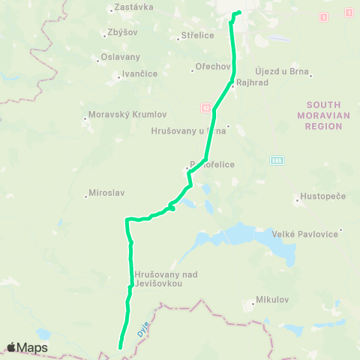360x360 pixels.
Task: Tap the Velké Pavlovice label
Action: point(307,233)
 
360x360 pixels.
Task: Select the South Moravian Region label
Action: point(324,115)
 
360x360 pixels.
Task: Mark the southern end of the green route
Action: point(120,346)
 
